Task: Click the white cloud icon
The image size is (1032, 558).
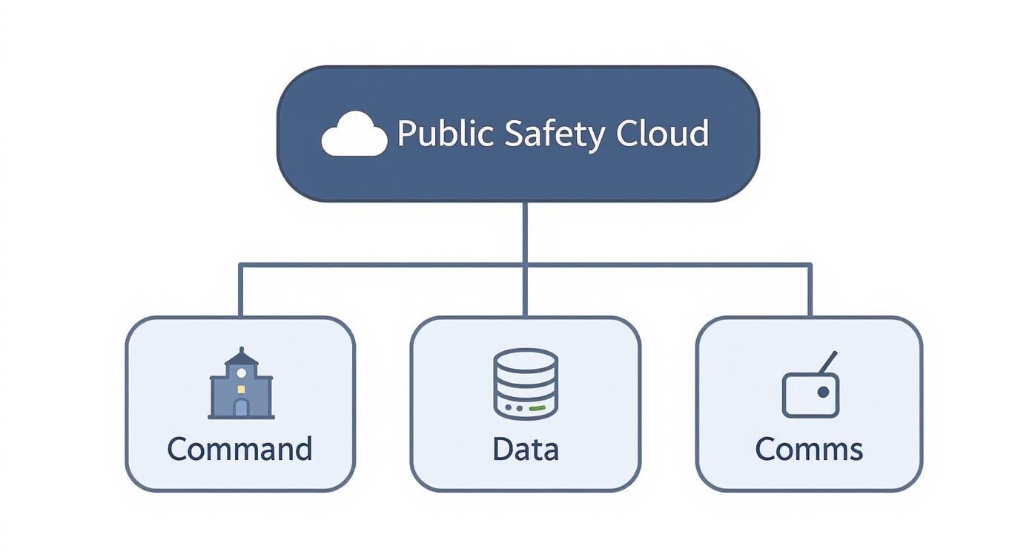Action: (x=354, y=136)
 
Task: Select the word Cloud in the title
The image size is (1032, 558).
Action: (x=662, y=134)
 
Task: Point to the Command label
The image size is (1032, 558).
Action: (x=239, y=450)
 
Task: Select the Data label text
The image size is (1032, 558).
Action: (x=525, y=450)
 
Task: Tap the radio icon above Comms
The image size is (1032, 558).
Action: (x=810, y=386)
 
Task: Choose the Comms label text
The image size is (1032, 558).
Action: (x=809, y=450)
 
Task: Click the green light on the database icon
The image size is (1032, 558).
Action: (x=537, y=408)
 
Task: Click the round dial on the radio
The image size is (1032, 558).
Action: (x=822, y=392)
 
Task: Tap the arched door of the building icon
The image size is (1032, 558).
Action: (x=241, y=407)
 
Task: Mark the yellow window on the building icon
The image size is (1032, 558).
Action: (x=241, y=388)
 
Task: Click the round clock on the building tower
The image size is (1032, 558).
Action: (x=241, y=372)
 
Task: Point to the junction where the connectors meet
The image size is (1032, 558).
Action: (x=525, y=264)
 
